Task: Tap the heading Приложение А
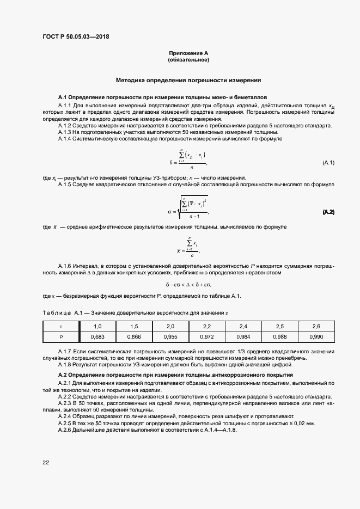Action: click(x=188, y=53)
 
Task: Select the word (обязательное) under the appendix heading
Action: click(x=188, y=60)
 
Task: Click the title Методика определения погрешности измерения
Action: click(x=188, y=80)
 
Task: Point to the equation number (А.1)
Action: click(x=328, y=163)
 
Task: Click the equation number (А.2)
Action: click(x=328, y=212)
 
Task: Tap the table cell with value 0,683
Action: click(x=98, y=336)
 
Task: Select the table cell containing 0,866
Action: click(x=135, y=336)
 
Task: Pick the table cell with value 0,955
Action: click(x=170, y=336)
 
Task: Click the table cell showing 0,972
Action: click(x=207, y=336)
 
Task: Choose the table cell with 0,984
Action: click(x=243, y=336)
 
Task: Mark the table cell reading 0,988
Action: click(x=280, y=336)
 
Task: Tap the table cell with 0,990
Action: click(x=316, y=336)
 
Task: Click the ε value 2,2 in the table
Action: click(x=207, y=326)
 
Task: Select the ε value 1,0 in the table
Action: click(x=98, y=326)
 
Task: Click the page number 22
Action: click(x=46, y=462)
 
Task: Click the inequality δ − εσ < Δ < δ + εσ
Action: click(x=188, y=284)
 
